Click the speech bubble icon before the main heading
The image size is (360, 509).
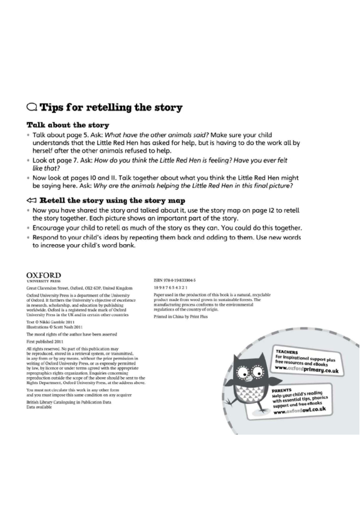click(x=31, y=108)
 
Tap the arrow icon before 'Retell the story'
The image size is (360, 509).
click(x=31, y=200)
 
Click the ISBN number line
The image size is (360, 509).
click(x=179, y=281)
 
